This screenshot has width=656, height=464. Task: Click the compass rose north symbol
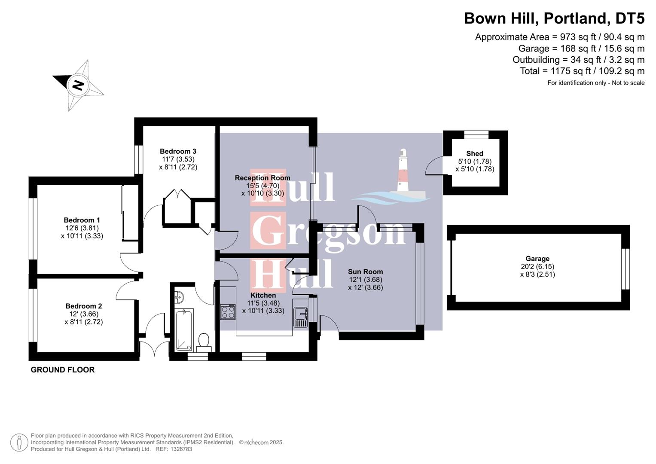click(78, 85)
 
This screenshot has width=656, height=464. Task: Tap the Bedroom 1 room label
click(82, 220)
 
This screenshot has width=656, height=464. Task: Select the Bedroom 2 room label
click(83, 306)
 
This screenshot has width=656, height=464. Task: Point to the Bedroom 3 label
click(178, 151)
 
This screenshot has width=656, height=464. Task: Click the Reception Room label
click(262, 178)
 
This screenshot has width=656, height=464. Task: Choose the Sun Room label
click(365, 272)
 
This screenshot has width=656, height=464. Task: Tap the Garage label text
click(537, 259)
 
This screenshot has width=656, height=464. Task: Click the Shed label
click(474, 153)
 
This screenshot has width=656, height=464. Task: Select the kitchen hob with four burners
click(228, 311)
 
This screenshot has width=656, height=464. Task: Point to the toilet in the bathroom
click(204, 342)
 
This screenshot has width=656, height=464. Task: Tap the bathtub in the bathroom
click(184, 329)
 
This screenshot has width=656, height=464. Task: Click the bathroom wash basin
click(179, 296)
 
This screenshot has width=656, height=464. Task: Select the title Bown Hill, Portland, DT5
click(554, 18)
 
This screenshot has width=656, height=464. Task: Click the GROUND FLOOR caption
click(63, 369)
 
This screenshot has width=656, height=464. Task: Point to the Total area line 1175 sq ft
click(582, 71)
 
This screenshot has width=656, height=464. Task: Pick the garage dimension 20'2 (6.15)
click(537, 266)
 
